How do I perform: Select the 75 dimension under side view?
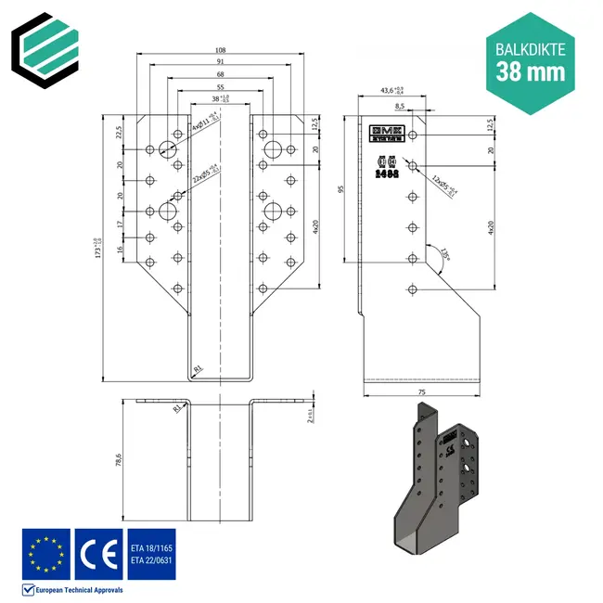pos(424,393)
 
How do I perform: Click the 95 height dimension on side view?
pos(344,189)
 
